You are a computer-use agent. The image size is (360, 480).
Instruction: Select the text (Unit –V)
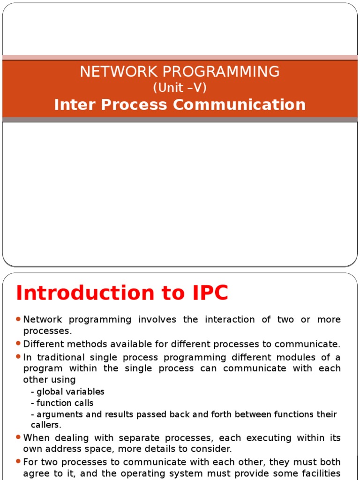[180, 88]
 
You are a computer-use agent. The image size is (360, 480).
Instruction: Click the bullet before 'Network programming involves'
[18, 319]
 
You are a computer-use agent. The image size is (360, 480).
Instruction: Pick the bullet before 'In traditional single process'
[18, 357]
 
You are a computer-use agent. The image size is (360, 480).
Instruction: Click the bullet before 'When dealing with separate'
[18, 437]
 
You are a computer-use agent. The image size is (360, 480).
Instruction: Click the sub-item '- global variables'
[67, 391]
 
